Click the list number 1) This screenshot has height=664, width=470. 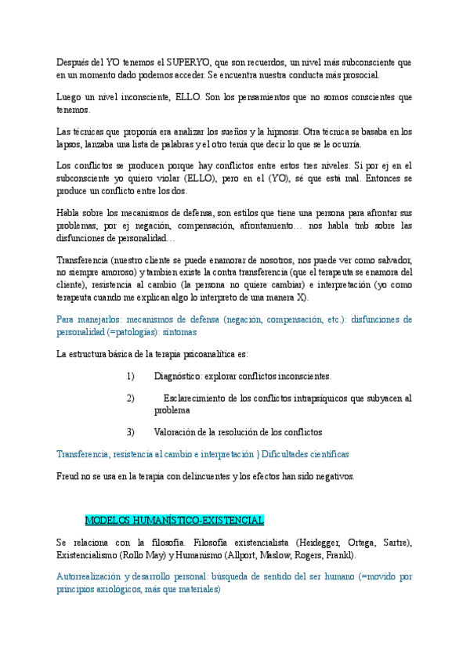click(130, 376)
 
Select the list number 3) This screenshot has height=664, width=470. click(130, 431)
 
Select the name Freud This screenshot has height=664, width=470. click(68, 475)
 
